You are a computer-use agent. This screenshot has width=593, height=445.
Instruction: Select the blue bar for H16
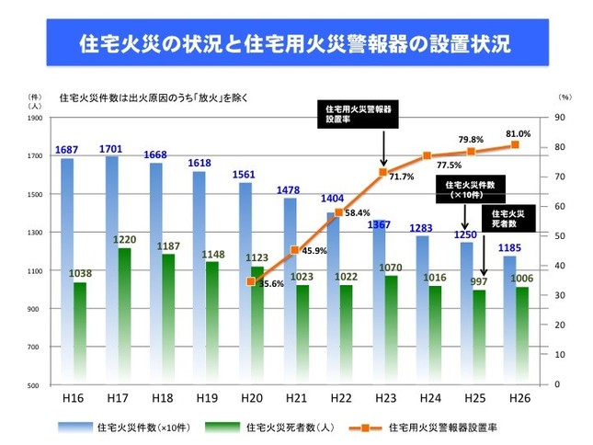pyautogui.click(x=67, y=267)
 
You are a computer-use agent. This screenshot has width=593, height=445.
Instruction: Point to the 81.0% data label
pyautogui.click(x=517, y=133)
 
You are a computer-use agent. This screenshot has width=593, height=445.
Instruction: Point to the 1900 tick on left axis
pyautogui.click(x=34, y=118)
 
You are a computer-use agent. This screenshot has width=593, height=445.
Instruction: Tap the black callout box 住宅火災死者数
pyautogui.click(x=504, y=219)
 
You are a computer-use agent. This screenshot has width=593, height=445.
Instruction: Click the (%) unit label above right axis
pyautogui.click(x=563, y=96)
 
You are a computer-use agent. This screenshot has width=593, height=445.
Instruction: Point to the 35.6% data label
pyautogui.click(x=268, y=284)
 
